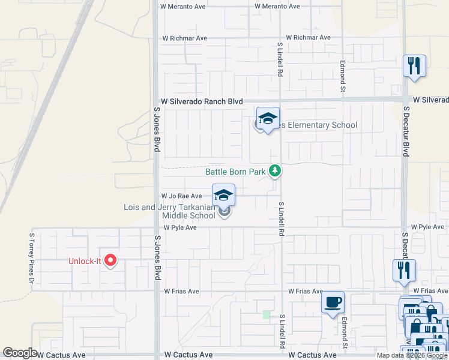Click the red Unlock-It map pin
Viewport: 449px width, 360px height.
pos(110,260)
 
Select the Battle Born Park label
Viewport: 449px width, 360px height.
pos(235,172)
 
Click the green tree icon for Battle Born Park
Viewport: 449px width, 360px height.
pos(275,172)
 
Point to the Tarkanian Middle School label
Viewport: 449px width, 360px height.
pos(169,211)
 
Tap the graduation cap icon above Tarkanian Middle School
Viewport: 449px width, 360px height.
pos(223,195)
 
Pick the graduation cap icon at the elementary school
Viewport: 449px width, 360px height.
pos(268,118)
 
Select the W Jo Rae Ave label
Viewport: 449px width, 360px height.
pos(181,196)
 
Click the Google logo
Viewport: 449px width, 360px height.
pos(20,353)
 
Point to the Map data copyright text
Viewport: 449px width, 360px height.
pos(412,355)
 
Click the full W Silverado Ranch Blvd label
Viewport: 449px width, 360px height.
pos(201,102)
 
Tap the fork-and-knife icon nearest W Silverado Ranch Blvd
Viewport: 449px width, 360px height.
pos(414,65)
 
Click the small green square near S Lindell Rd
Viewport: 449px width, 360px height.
pos(267,314)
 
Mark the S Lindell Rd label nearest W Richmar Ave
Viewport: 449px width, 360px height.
pos(280,59)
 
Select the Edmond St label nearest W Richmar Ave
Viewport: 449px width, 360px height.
pos(343,76)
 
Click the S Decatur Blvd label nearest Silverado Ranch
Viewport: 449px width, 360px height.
pos(406,132)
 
